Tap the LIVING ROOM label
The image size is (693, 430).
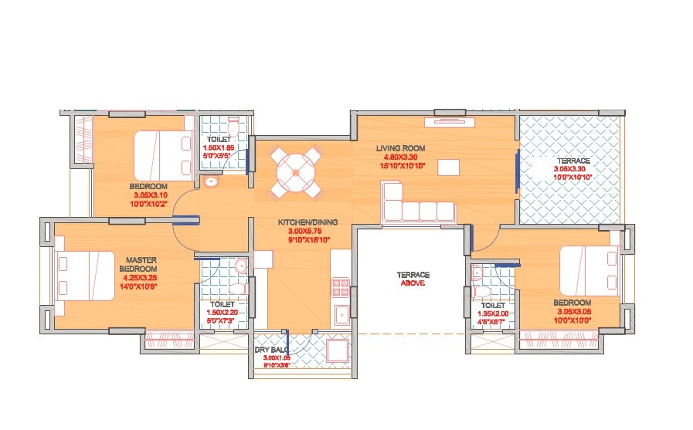[401, 147]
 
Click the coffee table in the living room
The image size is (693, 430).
[447, 168]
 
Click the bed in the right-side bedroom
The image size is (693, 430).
[588, 273]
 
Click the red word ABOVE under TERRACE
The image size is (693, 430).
[413, 283]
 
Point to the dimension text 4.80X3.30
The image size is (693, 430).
[401, 157]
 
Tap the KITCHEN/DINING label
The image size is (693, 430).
[308, 222]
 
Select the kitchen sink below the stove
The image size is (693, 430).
[341, 314]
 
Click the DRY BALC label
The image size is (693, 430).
[270, 350]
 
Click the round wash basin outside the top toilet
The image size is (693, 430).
[211, 182]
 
